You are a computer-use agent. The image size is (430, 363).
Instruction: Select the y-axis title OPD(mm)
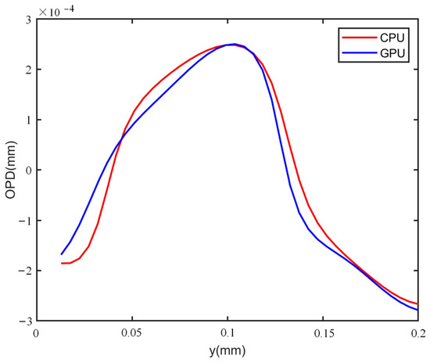[x=10, y=170]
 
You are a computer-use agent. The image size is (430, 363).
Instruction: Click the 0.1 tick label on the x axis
[x=228, y=332]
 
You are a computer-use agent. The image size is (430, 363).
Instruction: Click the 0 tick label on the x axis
[x=36, y=332]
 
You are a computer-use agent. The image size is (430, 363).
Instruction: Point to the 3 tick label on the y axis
[x=29, y=19]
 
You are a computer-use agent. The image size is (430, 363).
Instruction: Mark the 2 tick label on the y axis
[x=29, y=70]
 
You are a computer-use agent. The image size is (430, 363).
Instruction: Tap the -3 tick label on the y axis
[x=27, y=321]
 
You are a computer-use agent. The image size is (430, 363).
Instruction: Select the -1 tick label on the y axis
[x=27, y=221]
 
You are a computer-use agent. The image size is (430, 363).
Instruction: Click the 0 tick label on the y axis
[x=29, y=170]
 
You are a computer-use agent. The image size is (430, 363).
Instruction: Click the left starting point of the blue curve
[x=62, y=254]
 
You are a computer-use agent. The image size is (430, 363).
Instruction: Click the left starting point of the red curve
[x=62, y=263]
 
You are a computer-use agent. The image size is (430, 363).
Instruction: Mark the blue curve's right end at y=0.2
[x=418, y=311]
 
